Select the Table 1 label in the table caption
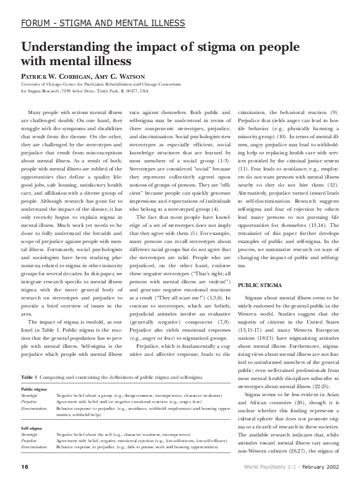(x=30, y=377)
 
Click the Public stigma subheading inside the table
(x=34, y=389)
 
